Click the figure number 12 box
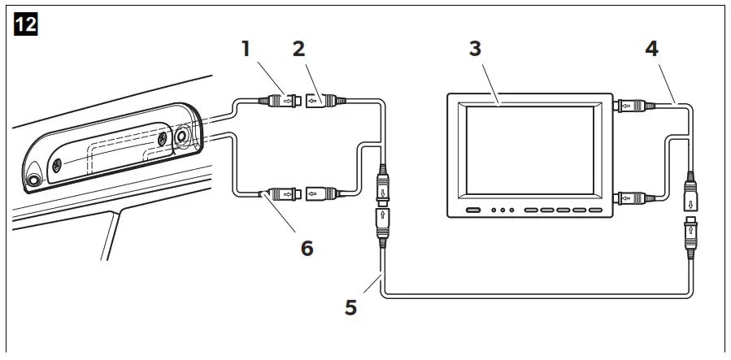pos(26,24)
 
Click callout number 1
pos(245,48)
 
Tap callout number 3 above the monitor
pos(476,48)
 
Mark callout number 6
pos(307,247)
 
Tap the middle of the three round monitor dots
pos(503,210)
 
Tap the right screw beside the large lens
pos(163,140)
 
